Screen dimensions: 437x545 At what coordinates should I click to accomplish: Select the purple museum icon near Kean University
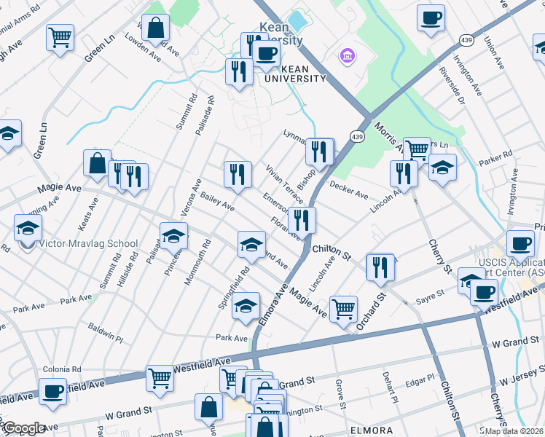(346, 55)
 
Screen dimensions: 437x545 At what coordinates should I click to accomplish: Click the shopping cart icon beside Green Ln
(60, 36)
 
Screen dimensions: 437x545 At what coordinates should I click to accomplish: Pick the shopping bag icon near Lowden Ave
(156, 28)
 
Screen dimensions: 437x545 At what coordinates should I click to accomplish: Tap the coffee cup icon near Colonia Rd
(52, 390)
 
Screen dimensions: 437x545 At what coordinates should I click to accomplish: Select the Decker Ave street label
(349, 191)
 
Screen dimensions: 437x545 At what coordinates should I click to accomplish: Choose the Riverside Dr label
(451, 86)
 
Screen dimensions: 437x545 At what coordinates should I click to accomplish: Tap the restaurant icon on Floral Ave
(302, 219)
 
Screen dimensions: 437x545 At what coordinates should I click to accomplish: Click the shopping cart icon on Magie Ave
(343, 308)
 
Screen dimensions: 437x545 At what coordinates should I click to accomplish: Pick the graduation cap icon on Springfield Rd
(246, 306)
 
